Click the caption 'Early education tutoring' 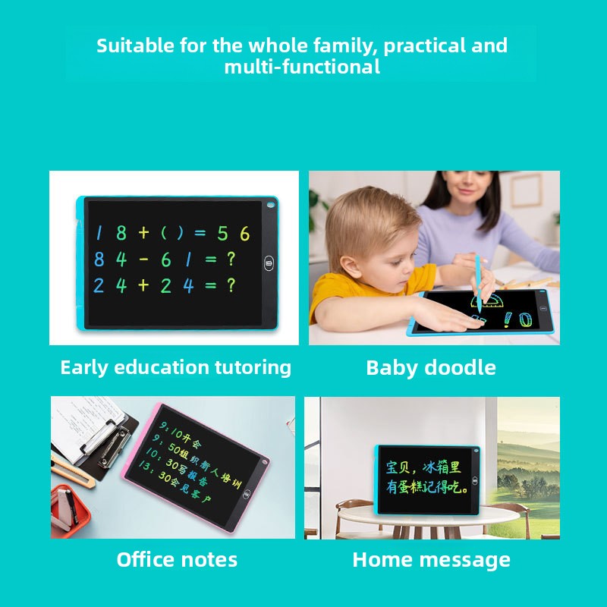(x=175, y=367)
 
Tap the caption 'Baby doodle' (x=430, y=368)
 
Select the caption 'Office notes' (x=177, y=560)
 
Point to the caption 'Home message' (x=431, y=560)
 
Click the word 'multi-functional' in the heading (x=302, y=67)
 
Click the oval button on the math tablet (x=269, y=264)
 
